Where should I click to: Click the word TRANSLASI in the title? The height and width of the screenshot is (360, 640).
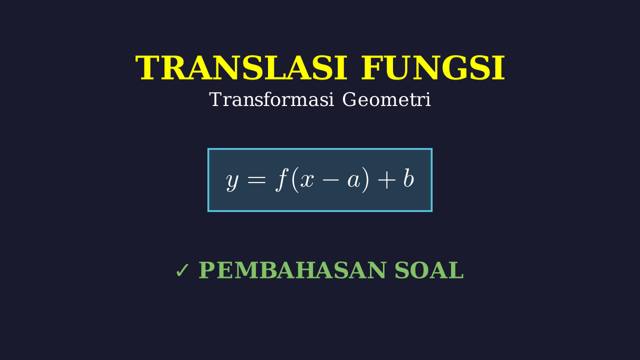pyautogui.click(x=241, y=68)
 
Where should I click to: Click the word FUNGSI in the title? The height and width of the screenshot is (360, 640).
pyautogui.click(x=433, y=68)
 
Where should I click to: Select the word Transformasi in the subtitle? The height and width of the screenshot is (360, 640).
pyautogui.click(x=271, y=99)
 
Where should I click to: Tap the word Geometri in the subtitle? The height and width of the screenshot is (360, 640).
pyautogui.click(x=386, y=99)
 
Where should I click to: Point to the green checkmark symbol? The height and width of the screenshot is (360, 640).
pyautogui.click(x=182, y=270)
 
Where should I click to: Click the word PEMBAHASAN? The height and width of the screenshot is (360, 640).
pyautogui.click(x=292, y=270)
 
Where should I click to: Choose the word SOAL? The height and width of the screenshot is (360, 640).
pyautogui.click(x=429, y=270)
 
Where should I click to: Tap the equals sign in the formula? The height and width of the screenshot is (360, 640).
pyautogui.click(x=257, y=179)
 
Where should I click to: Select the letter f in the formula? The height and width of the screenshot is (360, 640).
pyautogui.click(x=281, y=179)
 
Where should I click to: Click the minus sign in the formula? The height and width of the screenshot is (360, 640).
pyautogui.click(x=330, y=180)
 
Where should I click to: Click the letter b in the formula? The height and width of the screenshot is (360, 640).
pyautogui.click(x=408, y=178)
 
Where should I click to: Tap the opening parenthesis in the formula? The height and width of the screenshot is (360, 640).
pyautogui.click(x=295, y=180)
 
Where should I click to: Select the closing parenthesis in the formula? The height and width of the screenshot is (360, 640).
pyautogui.click(x=365, y=180)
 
